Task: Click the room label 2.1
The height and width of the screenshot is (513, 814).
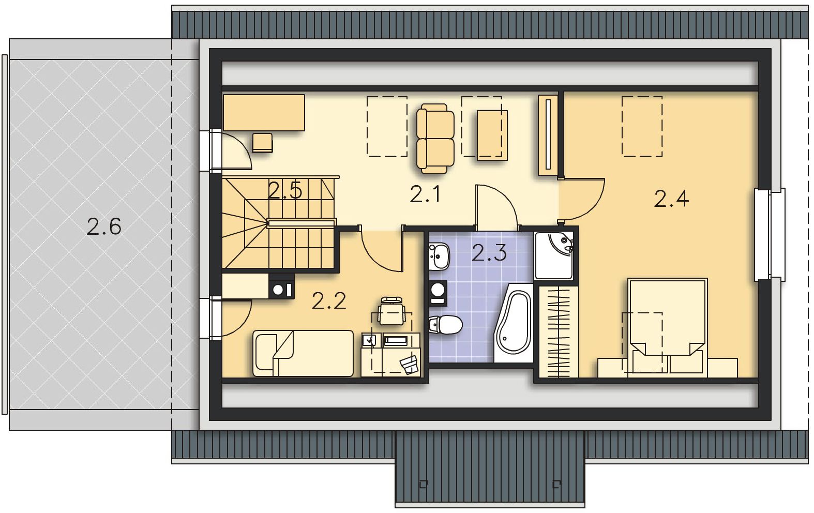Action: tap(425, 194)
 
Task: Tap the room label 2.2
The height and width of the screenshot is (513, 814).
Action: tap(329, 301)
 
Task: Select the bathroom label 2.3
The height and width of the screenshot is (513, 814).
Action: tap(489, 253)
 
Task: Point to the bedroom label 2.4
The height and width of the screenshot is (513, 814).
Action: tap(671, 199)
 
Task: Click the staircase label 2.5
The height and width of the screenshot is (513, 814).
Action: tap(285, 190)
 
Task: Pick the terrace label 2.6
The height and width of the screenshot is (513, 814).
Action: tap(104, 227)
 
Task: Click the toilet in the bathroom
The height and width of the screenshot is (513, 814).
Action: tap(445, 324)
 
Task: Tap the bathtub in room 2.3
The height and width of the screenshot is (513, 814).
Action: tap(512, 323)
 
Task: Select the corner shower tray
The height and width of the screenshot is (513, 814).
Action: tap(554, 256)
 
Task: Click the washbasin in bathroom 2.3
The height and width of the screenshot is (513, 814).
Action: tap(439, 256)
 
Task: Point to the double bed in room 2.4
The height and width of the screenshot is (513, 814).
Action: tap(668, 327)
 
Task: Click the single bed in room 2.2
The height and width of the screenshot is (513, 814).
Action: tap(303, 353)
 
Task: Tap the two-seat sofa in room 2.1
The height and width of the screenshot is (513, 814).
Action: tap(435, 139)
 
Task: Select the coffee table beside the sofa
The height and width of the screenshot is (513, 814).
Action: tap(492, 135)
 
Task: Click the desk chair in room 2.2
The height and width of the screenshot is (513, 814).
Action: tap(391, 311)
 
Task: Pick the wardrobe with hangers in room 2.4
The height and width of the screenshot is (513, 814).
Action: tap(558, 331)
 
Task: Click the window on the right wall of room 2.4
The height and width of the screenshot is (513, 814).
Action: tap(770, 234)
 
